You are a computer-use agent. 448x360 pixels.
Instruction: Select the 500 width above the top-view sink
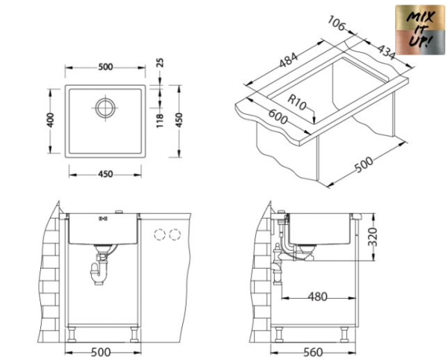pyautogui.click(x=105, y=66)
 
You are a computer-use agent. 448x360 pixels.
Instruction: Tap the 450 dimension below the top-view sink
pyautogui.click(x=105, y=174)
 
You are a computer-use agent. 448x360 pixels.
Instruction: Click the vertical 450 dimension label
pyautogui.click(x=178, y=120)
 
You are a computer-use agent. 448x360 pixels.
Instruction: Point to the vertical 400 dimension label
pyautogui.click(x=51, y=120)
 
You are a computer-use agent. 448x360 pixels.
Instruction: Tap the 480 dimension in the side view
pyautogui.click(x=318, y=297)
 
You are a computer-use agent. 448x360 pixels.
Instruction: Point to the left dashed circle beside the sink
pyautogui.click(x=159, y=235)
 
